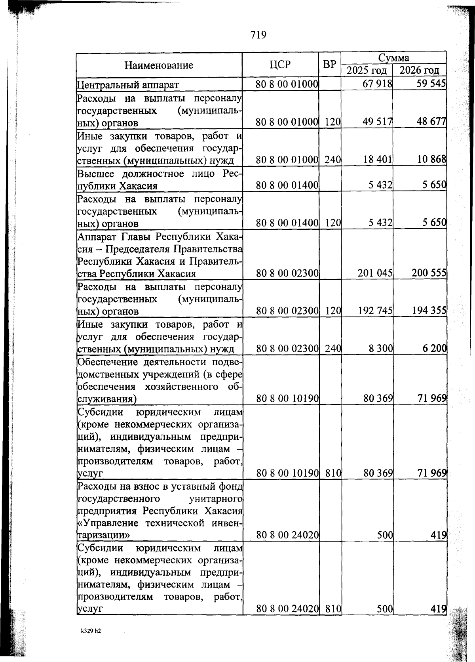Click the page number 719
[258, 35]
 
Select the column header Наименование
[159, 65]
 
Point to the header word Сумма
[393, 58]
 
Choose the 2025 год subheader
[367, 71]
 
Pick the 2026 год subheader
[419, 71]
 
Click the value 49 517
[377, 122]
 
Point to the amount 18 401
[377, 160]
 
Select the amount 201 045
[375, 273]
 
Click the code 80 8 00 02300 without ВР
[287, 273]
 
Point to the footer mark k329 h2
[91, 631]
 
